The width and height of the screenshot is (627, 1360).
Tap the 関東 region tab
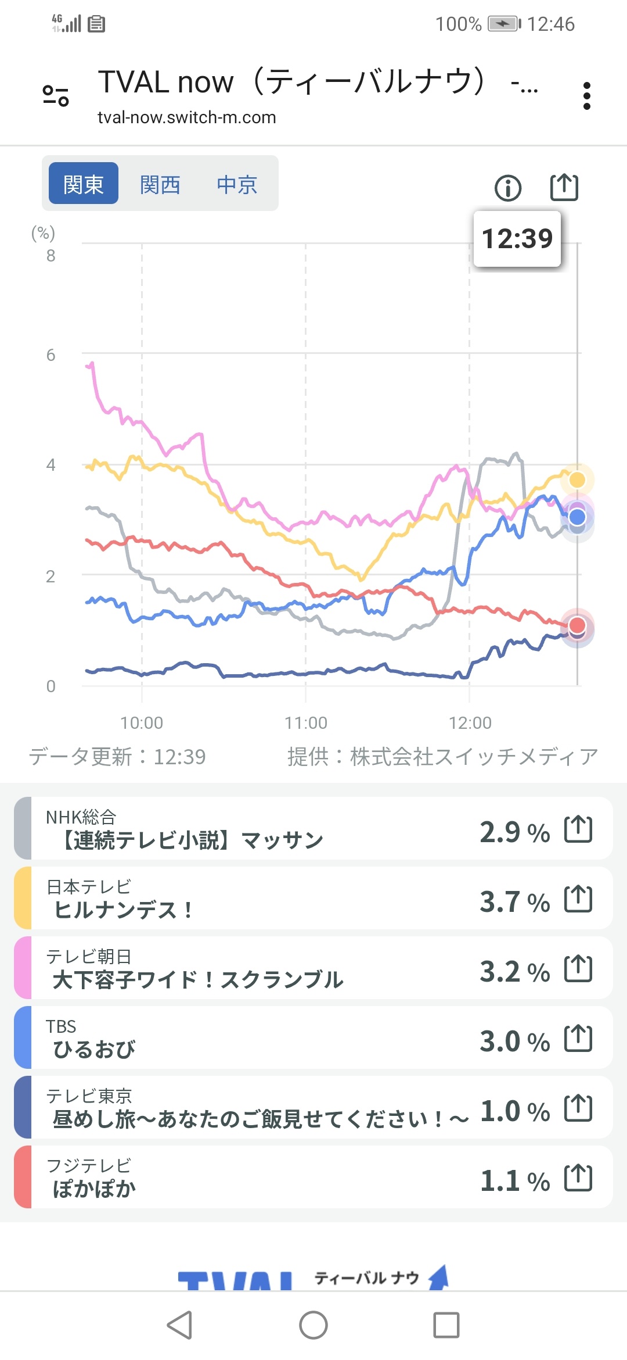[83, 184]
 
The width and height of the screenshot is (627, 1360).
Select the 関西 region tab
[160, 185]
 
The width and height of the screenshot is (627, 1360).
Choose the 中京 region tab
[236, 185]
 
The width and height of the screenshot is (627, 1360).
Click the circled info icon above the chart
[508, 188]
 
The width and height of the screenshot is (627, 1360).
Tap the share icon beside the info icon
[564, 187]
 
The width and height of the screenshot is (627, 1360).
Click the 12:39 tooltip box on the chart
[517, 239]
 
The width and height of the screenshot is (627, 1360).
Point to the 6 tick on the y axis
[51, 355]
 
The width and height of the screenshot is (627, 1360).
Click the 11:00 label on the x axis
[306, 723]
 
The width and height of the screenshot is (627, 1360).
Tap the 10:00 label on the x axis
[142, 723]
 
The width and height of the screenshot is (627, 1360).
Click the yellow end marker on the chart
[577, 479]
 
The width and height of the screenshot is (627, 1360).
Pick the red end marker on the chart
[577, 625]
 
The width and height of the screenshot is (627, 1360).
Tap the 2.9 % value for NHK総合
[514, 832]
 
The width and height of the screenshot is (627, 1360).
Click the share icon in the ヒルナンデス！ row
[578, 899]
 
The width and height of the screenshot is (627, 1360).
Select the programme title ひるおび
[94, 1050]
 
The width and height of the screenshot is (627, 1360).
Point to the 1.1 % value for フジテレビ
[514, 1181]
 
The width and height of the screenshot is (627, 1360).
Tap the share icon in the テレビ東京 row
[578, 1108]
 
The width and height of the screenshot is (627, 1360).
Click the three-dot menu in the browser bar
[587, 96]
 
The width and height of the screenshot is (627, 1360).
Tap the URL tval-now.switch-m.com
[186, 117]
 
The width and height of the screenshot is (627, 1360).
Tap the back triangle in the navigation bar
[179, 1325]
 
